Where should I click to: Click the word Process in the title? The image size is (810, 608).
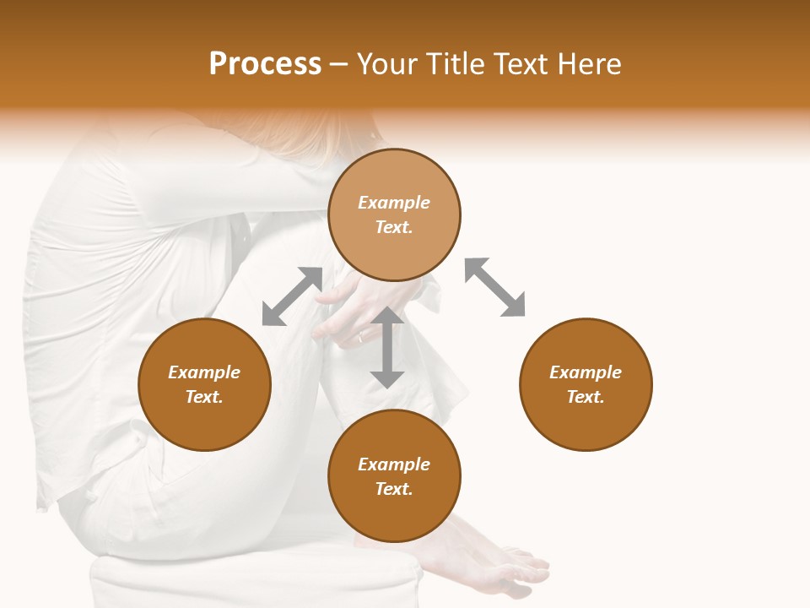(x=265, y=64)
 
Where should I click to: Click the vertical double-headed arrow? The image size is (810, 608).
(x=387, y=347)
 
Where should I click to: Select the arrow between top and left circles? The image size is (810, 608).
(x=292, y=296)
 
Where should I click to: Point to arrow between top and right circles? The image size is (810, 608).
(x=494, y=287)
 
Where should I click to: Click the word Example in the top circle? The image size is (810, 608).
(x=394, y=203)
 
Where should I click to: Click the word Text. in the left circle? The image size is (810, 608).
(x=204, y=397)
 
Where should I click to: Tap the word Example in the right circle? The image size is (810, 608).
(x=586, y=372)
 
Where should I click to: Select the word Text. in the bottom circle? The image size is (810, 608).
(x=394, y=489)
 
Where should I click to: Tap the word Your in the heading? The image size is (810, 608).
(x=386, y=64)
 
